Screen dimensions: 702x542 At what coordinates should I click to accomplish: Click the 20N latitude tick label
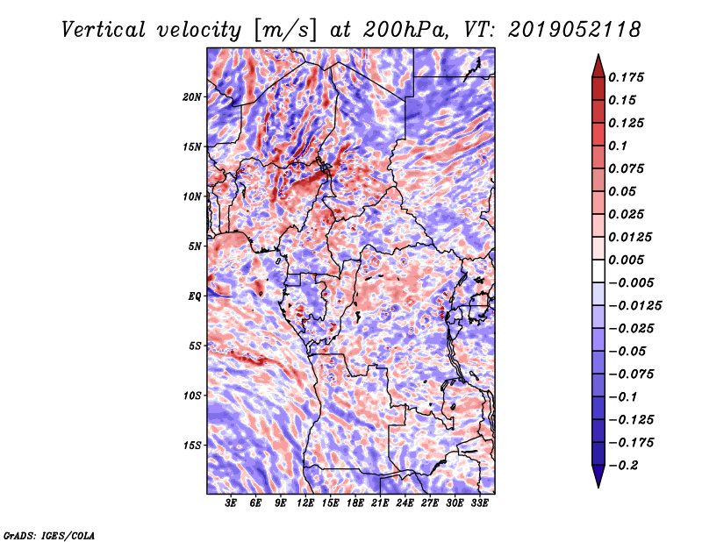(192, 97)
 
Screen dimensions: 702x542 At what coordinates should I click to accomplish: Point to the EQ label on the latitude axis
(194, 296)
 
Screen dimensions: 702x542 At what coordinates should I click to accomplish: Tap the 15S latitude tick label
(192, 446)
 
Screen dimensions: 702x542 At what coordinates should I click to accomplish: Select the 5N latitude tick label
(195, 246)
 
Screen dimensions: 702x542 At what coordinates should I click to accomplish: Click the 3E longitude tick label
(231, 503)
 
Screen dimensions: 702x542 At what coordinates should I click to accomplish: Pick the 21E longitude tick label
(380, 503)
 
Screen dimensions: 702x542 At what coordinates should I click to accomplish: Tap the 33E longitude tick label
(479, 503)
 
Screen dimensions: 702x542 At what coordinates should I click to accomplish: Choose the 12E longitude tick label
(305, 503)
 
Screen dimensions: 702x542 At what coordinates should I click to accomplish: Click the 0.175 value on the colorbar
(626, 77)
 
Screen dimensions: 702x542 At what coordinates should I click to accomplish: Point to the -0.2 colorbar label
(623, 466)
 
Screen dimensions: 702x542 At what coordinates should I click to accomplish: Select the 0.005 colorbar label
(626, 260)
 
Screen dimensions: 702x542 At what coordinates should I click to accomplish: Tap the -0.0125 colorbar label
(634, 306)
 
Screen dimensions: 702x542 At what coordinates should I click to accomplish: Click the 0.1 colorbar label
(618, 146)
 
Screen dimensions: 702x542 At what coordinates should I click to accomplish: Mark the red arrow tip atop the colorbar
(598, 54)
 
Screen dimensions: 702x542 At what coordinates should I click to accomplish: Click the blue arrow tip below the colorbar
(598, 487)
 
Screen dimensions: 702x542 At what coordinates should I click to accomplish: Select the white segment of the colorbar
(598, 271)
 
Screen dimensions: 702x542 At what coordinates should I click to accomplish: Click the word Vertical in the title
(104, 30)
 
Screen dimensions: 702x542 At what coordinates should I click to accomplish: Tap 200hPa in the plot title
(405, 30)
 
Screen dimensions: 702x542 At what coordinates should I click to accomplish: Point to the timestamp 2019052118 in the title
(575, 30)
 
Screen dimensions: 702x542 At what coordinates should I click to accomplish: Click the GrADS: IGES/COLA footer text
(49, 536)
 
